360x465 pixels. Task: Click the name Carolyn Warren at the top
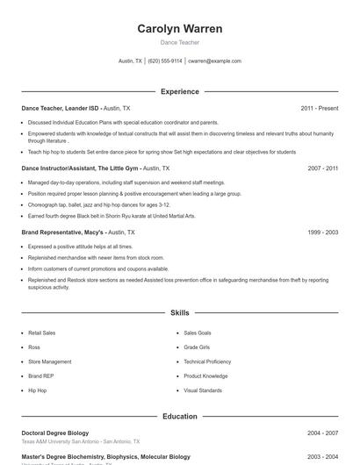coord(179,29)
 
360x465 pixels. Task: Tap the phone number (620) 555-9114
coord(165,61)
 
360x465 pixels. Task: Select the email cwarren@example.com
coord(215,61)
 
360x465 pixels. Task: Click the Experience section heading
coord(179,91)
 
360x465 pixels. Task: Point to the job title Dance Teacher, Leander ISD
coord(61,108)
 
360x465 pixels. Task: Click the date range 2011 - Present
coord(319,108)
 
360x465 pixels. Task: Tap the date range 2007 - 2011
coord(322,168)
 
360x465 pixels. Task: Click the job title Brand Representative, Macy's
coord(62,232)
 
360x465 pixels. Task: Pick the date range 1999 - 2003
coord(322,232)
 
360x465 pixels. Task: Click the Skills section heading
coord(179,312)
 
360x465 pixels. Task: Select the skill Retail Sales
coord(41,333)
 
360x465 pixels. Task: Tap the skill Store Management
coord(49,361)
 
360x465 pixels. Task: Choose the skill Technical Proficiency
coord(207,361)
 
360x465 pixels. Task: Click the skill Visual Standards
coord(203,390)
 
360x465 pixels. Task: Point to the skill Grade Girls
coord(198,347)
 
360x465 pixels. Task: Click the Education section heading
coord(179,417)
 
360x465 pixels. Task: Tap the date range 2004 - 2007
coord(322,433)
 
